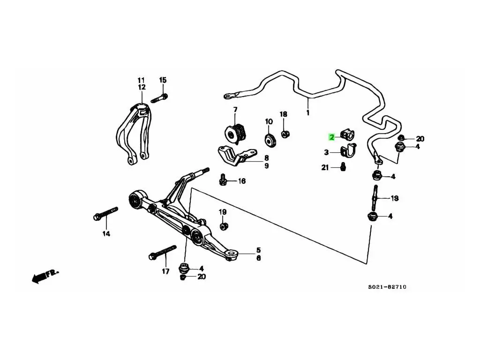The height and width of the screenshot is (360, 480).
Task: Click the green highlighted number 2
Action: click(331, 137)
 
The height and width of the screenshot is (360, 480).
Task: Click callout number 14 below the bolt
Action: click(106, 233)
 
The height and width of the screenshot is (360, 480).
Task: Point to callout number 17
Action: click(165, 271)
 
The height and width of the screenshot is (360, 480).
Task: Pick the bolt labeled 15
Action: click(159, 98)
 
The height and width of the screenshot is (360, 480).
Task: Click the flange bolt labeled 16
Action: click(223, 180)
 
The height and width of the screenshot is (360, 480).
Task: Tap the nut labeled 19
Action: click(224, 226)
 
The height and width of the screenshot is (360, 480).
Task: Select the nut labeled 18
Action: click(284, 134)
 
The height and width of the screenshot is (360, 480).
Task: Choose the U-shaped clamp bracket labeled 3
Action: click(348, 152)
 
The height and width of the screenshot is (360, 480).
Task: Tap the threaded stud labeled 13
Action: click(375, 198)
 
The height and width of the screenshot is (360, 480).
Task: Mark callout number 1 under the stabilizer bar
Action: click(308, 112)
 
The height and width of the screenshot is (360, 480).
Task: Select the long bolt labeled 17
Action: click(162, 252)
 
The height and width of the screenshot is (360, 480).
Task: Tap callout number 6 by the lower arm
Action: click(258, 258)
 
